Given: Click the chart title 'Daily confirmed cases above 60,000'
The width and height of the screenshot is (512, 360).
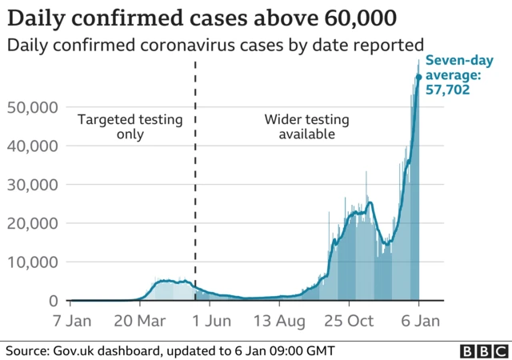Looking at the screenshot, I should [201, 17].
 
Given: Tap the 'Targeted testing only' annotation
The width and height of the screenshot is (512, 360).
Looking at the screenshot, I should [130, 127].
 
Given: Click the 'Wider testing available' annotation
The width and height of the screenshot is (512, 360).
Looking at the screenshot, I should [306, 127].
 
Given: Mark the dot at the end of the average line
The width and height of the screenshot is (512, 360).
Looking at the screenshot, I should [418, 78].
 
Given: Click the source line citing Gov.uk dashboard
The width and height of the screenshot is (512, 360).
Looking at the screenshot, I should [170, 350].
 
